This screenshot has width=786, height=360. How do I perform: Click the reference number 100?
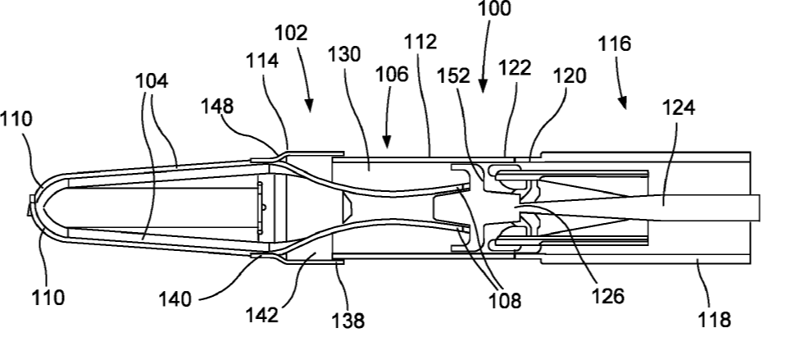493,9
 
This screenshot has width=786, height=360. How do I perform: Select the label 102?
292,34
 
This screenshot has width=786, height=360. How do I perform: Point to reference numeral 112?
420,42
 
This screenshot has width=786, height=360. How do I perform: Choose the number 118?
714,319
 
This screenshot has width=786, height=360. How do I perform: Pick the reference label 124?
679,107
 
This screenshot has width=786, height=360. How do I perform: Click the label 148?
217,106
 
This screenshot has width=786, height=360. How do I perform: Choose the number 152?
453,75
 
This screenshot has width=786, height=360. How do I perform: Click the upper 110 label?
17,119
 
